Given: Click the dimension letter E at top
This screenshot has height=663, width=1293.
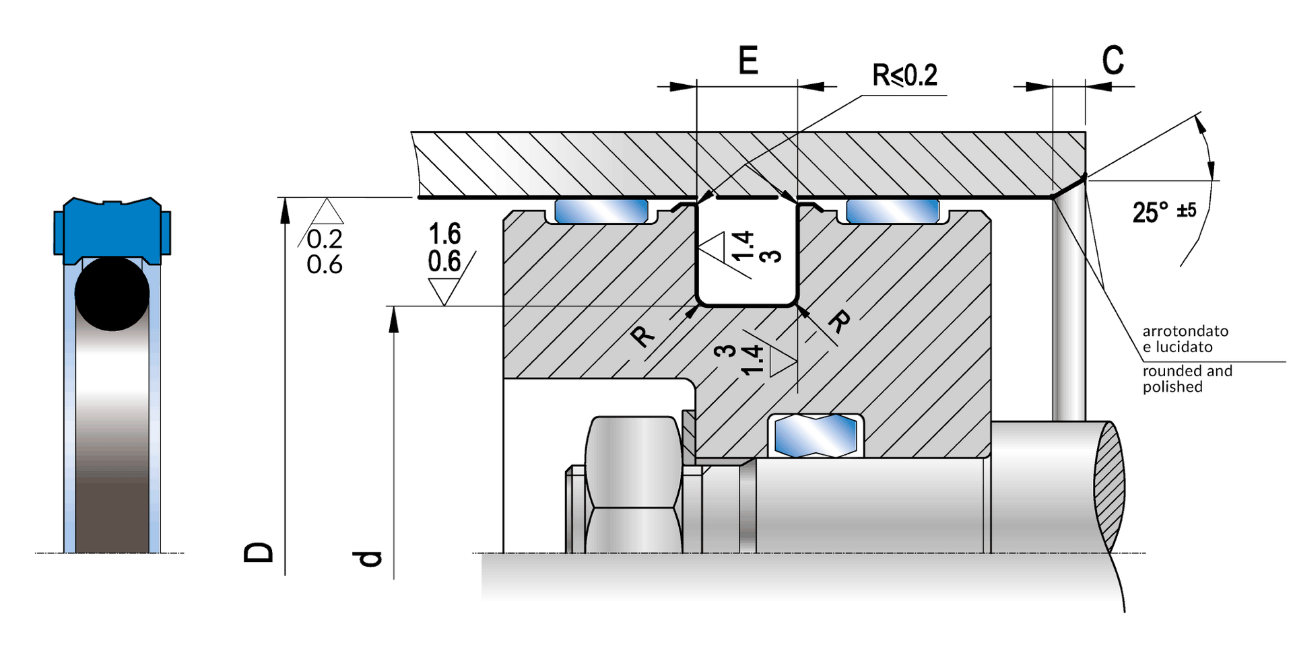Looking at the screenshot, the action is pyautogui.click(x=748, y=60).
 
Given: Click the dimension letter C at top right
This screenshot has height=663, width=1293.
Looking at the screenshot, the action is pyautogui.click(x=1113, y=60).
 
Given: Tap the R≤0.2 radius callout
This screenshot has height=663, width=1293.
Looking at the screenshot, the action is pyautogui.click(x=904, y=75).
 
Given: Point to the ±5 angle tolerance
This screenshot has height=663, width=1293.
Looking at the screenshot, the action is pyautogui.click(x=1187, y=210).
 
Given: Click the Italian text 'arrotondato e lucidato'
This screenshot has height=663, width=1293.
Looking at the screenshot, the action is pyautogui.click(x=1185, y=339).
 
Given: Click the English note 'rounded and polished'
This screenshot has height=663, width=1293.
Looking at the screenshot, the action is pyautogui.click(x=1187, y=378).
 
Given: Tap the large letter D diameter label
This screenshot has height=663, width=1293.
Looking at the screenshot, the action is pyautogui.click(x=259, y=552).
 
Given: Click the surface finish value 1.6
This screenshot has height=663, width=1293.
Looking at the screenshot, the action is pyautogui.click(x=444, y=234).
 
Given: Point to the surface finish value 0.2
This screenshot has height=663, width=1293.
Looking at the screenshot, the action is pyautogui.click(x=325, y=239).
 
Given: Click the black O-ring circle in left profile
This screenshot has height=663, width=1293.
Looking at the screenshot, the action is pyautogui.click(x=112, y=293).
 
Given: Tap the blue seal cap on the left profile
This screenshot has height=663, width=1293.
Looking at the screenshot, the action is pyautogui.click(x=112, y=229).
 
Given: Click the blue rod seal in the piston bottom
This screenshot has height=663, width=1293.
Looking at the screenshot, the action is pyautogui.click(x=816, y=435).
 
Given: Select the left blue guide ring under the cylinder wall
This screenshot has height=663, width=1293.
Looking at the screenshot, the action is pyautogui.click(x=601, y=211).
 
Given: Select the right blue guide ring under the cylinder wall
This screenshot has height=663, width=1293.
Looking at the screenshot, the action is pyautogui.click(x=892, y=211).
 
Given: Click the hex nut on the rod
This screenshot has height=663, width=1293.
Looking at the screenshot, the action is pyautogui.click(x=633, y=485).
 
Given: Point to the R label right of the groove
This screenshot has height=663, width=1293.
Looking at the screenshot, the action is pyautogui.click(x=838, y=322).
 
